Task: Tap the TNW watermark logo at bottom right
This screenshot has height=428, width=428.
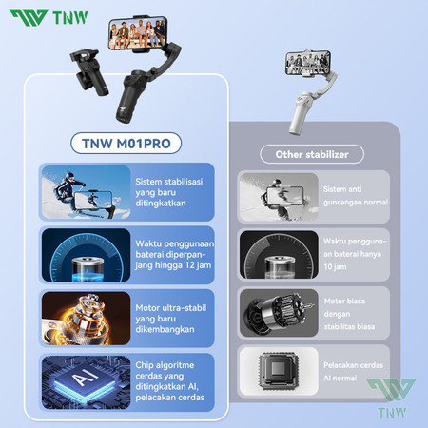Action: point(391,399)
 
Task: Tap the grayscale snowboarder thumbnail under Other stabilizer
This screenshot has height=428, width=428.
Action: point(278,198)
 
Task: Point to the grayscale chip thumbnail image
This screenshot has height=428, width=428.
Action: point(278,373)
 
